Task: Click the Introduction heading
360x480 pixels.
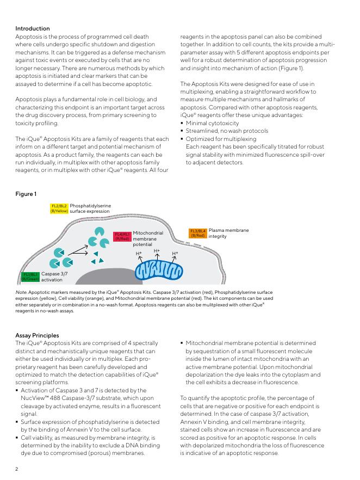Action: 32,28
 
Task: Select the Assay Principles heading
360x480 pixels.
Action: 37,335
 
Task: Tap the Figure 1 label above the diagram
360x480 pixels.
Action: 26,194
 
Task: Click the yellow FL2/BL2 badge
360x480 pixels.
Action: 59,208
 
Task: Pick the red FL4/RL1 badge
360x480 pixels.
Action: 122,236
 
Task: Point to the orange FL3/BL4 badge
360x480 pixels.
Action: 198,233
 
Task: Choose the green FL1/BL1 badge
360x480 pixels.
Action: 30,277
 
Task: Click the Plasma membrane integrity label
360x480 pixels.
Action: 228,233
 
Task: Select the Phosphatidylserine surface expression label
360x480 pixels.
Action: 90,208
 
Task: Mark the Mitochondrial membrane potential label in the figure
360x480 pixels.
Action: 147,239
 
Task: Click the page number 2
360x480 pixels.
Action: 17,469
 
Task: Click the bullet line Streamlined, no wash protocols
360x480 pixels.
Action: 227,131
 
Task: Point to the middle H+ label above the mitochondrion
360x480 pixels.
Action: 157,251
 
